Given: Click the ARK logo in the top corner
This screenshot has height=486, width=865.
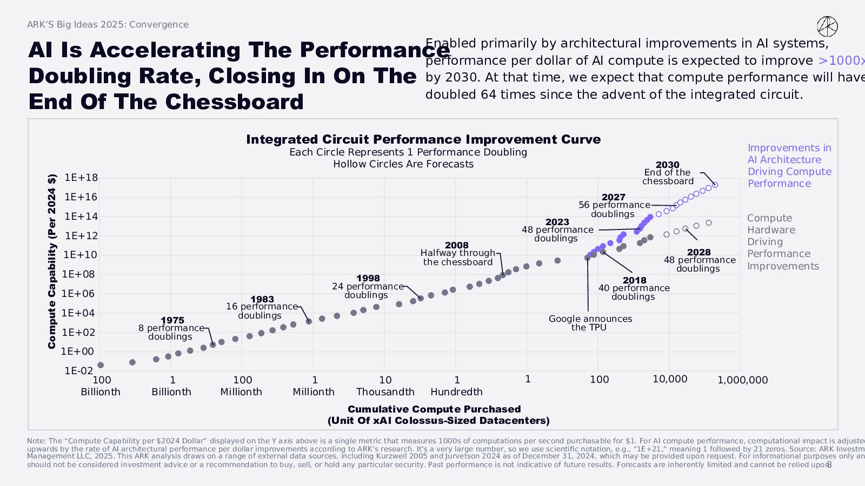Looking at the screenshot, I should click(x=827, y=26).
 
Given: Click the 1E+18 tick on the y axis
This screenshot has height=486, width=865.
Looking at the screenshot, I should click(x=81, y=178).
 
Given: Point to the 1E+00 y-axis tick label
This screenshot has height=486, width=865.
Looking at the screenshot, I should click(x=77, y=352).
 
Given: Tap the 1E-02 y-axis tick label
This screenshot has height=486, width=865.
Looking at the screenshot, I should click(x=79, y=371).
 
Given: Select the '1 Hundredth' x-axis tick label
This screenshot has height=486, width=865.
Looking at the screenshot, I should click(x=457, y=386).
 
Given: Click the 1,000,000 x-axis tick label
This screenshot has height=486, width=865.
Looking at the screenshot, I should click(x=742, y=380).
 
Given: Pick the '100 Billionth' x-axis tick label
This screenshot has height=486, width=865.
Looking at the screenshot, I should click(x=101, y=386).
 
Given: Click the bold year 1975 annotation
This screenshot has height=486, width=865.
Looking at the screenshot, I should click(x=172, y=320).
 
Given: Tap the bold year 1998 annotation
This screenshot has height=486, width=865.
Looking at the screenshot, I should click(x=368, y=279).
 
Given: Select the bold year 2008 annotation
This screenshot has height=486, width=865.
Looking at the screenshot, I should click(x=457, y=245).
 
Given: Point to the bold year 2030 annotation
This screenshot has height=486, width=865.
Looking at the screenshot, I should click(x=668, y=165).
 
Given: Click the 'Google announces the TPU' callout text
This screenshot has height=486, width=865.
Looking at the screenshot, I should click(x=590, y=323).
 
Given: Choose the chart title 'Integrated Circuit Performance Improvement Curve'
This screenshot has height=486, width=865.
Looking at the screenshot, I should click(x=423, y=139).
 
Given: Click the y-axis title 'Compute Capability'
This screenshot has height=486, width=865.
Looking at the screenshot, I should click(x=52, y=261).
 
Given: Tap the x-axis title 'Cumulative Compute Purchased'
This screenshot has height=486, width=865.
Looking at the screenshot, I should click(x=434, y=409).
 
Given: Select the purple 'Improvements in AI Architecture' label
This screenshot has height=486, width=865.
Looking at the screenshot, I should click(x=789, y=165).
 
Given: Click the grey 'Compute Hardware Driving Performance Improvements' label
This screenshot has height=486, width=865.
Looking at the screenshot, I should click(x=783, y=242).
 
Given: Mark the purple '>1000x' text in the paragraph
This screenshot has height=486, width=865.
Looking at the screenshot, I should click(x=841, y=60).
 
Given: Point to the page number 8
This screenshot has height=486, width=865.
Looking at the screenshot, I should click(x=829, y=464).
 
